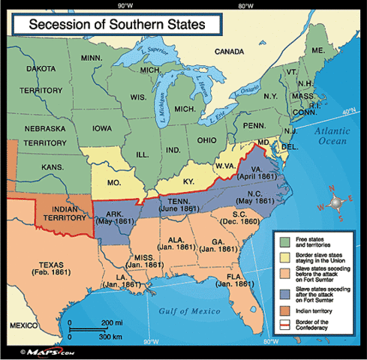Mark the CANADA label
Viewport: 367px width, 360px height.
coord(230,52)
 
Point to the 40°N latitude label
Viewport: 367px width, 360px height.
coord(347,112)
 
